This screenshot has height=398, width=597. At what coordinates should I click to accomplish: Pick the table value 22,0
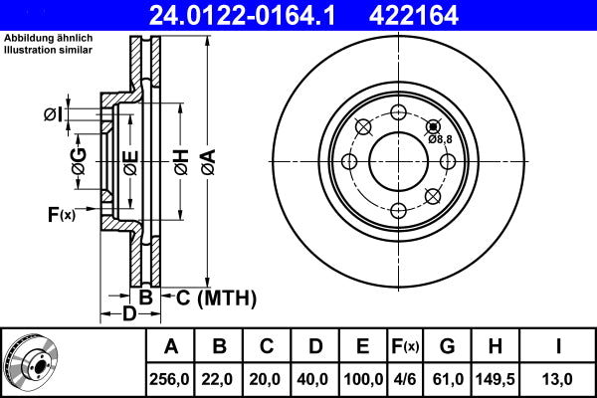click(220, 379)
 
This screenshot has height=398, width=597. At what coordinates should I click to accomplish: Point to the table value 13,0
click(558, 379)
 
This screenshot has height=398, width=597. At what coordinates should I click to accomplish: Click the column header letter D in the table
click(314, 346)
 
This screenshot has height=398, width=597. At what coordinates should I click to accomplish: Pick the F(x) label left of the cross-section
click(61, 214)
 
